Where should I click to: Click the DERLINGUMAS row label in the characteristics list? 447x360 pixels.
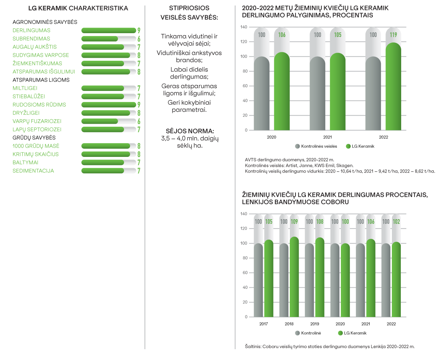(x=31, y=31)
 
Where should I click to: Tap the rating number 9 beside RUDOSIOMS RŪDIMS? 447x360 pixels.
(x=139, y=105)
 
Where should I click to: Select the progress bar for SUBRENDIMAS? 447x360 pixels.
(x=108, y=39)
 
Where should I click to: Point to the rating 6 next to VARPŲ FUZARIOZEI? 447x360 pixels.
(x=139, y=121)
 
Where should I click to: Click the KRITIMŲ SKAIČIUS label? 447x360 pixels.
(x=35, y=154)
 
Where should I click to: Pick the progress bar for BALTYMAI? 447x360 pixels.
(x=108, y=162)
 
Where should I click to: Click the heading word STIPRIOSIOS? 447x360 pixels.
(x=189, y=8)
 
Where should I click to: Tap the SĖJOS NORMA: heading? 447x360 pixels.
(x=189, y=131)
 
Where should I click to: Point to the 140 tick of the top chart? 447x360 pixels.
(x=244, y=27)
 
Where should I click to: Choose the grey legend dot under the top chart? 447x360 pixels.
(x=297, y=146)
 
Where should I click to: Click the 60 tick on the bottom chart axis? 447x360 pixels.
(x=244, y=273)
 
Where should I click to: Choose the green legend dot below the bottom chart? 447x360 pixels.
(x=340, y=333)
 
